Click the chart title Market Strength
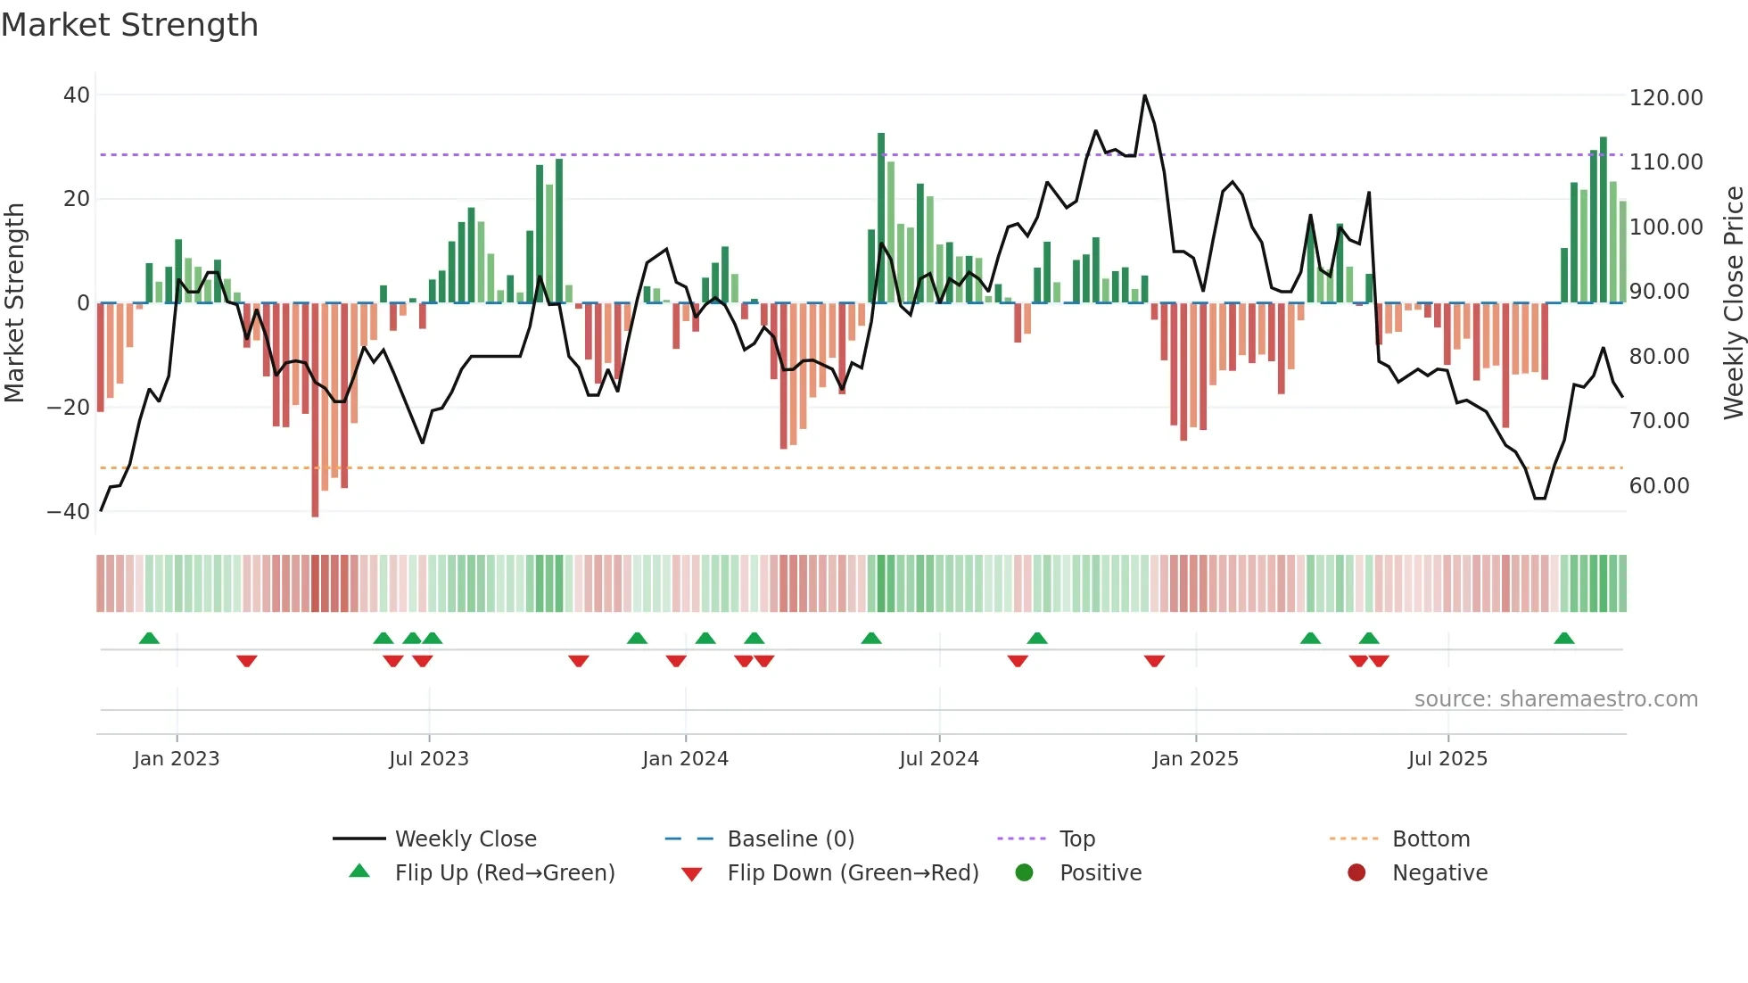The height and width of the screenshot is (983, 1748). point(130,25)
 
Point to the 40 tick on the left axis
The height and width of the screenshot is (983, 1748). point(77,95)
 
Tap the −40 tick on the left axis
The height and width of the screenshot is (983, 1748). point(69,512)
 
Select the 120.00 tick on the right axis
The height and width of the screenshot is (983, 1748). point(1665,98)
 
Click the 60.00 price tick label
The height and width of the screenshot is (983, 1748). point(1659,486)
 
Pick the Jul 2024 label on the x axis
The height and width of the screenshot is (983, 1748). point(938,759)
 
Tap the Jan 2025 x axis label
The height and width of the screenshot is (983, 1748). point(1195,759)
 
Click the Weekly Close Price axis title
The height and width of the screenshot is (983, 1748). point(1732,303)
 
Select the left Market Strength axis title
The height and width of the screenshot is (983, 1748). point(14,303)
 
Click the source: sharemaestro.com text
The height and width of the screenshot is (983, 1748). point(1555,699)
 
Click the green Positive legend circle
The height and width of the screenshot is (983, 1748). point(1024,873)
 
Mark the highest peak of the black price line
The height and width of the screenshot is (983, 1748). point(1144,95)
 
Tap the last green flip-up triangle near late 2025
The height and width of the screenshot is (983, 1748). point(1563,639)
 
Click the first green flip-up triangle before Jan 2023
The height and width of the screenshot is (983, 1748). point(149,639)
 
